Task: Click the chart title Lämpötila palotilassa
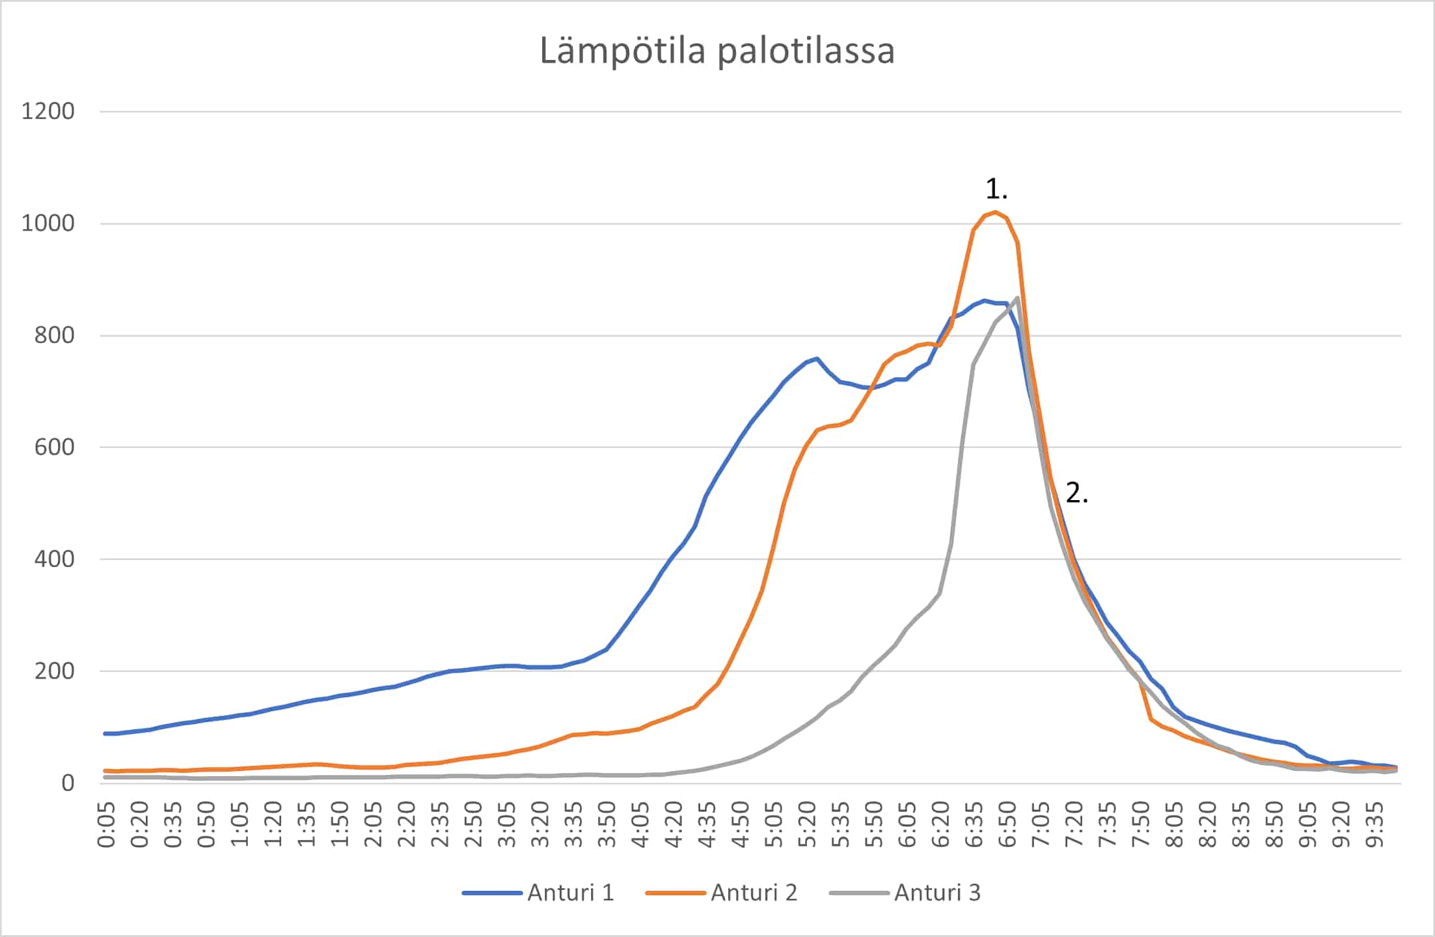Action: (x=717, y=51)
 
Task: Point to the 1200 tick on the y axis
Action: (x=48, y=111)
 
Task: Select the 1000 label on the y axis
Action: (x=48, y=223)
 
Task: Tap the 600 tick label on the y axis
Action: (x=55, y=447)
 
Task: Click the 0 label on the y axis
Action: (x=68, y=783)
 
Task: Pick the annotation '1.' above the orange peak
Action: (x=996, y=189)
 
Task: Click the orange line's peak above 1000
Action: (x=996, y=212)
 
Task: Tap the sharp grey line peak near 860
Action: (x=1017, y=298)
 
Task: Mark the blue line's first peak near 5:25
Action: (x=817, y=358)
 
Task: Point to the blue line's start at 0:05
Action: (x=106, y=733)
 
